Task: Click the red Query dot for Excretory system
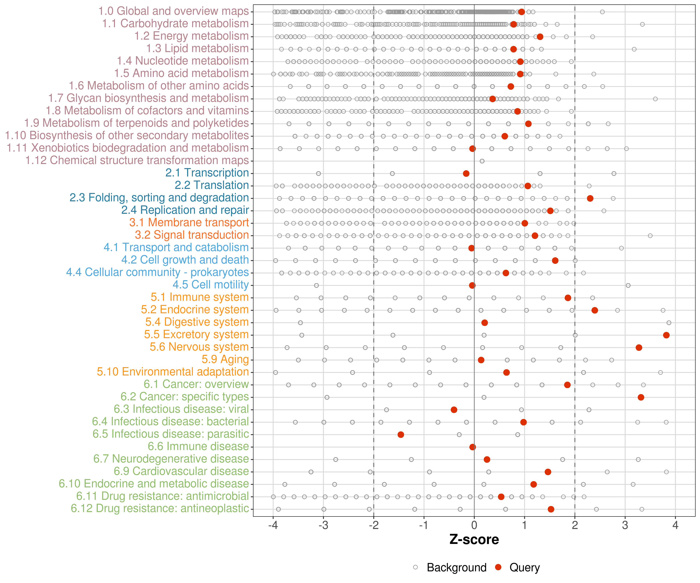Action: pyautogui.click(x=666, y=335)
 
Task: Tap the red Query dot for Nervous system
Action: pyautogui.click(x=639, y=347)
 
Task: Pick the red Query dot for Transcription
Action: pyautogui.click(x=466, y=174)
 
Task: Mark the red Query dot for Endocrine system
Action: pyautogui.click(x=594, y=310)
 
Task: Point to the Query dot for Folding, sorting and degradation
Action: pyautogui.click(x=590, y=199)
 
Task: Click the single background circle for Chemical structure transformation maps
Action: pyautogui.click(x=482, y=161)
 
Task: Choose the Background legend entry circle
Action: pyautogui.click(x=415, y=567)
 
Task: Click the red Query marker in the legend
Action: pyautogui.click(x=498, y=567)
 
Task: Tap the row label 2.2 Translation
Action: pyautogui.click(x=212, y=185)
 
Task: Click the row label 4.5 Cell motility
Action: pyautogui.click(x=211, y=285)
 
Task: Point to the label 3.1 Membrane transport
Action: pyautogui.click(x=189, y=223)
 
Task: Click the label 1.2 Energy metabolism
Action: pyautogui.click(x=191, y=36)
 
